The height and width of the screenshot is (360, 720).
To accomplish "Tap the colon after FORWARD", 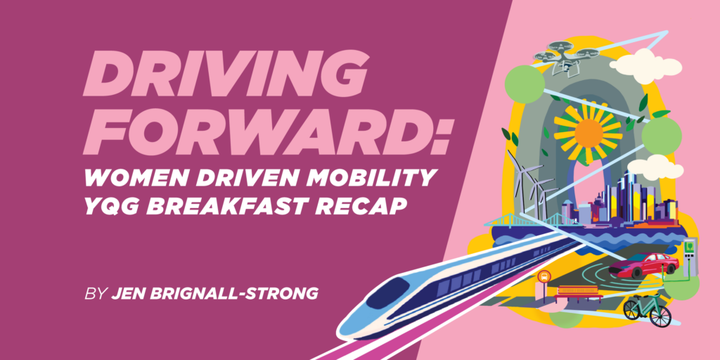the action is click(x=440, y=136).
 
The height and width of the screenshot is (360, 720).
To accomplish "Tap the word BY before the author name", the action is click(x=95, y=294).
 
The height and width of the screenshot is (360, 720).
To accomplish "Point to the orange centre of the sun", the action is click(x=589, y=134).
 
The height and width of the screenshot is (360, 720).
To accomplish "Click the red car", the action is click(x=643, y=264).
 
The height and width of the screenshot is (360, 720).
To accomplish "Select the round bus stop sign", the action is click(x=544, y=276).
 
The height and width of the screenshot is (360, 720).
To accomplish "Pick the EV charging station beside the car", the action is click(x=690, y=258).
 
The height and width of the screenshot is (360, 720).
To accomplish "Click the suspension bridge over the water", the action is click(x=528, y=219).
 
